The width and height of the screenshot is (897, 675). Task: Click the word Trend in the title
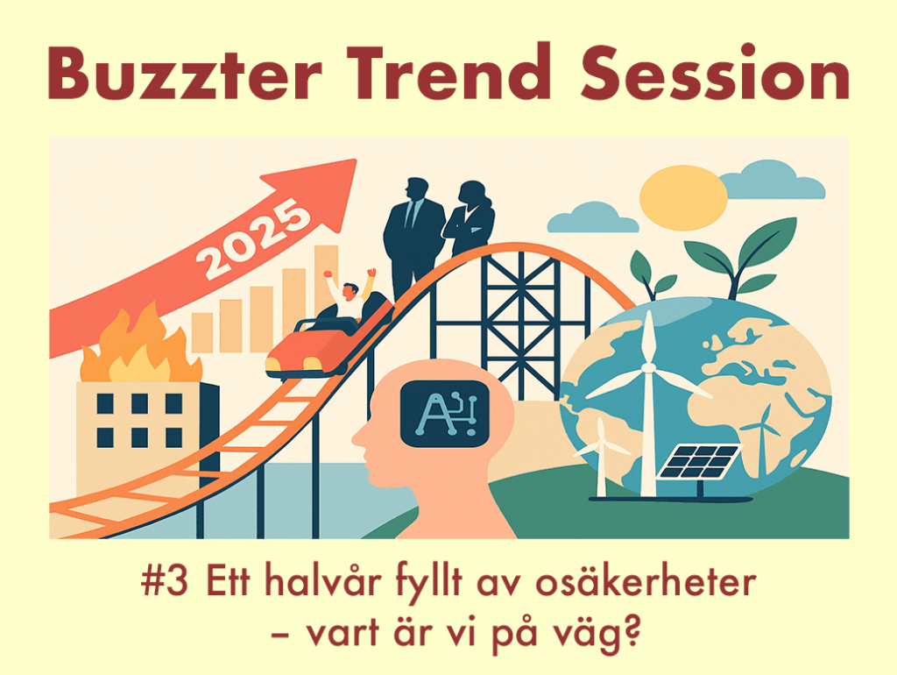pyautogui.click(x=451, y=72)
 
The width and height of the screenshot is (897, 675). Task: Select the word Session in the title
pyautogui.click(x=715, y=72)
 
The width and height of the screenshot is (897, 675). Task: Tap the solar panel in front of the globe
pyautogui.click(x=700, y=461)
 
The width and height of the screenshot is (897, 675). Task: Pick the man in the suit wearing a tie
pyautogui.click(x=413, y=236)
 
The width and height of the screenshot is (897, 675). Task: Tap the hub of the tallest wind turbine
pyautogui.click(x=648, y=367)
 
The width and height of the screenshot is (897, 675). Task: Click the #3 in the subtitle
pyautogui.click(x=164, y=581)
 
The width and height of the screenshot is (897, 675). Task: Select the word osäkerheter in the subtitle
pyautogui.click(x=646, y=580)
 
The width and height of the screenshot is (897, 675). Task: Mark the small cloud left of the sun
pyautogui.click(x=593, y=218)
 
